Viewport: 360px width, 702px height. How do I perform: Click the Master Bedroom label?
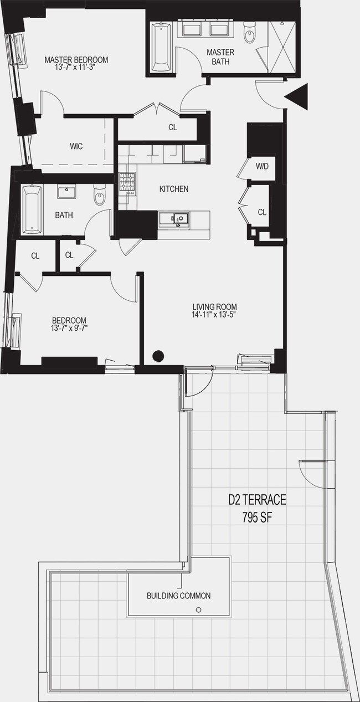[x=76, y=60]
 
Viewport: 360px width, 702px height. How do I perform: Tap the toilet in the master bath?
[x=250, y=33]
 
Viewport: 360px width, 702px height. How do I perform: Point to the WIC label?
[x=76, y=146]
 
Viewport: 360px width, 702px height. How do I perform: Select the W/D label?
[x=261, y=166]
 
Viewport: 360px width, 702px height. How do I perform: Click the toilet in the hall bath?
[x=100, y=196]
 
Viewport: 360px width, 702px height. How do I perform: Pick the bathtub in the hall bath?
[x=32, y=209]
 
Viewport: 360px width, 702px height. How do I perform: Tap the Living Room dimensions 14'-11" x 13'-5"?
[x=214, y=316]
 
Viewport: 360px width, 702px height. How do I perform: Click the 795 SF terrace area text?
[x=257, y=518]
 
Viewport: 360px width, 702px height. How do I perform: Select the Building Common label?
[x=178, y=596]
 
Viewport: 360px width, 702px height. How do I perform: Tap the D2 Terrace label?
[x=257, y=500]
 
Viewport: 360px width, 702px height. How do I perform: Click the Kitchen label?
[x=174, y=189]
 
